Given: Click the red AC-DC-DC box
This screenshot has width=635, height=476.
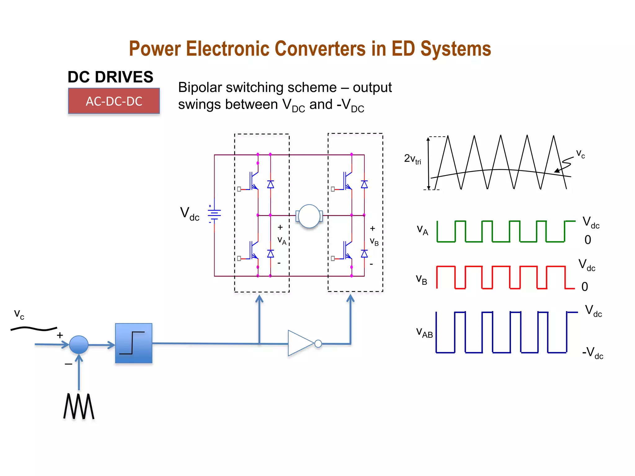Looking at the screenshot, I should pos(114,101).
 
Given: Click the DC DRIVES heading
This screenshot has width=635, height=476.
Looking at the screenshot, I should pos(110,77).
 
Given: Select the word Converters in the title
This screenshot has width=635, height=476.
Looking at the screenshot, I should pos(320,49).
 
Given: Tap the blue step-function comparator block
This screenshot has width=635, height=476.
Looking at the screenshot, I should pos(134,343).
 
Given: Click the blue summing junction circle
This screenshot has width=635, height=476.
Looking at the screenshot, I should pos(79,345).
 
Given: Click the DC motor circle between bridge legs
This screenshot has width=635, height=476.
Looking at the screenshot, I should pos(309,216).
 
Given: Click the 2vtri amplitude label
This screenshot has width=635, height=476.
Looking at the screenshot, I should pos(412,159).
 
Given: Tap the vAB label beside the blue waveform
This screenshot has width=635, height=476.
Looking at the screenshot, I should pos(424,332).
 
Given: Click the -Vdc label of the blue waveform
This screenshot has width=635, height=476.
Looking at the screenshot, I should pos(592,353).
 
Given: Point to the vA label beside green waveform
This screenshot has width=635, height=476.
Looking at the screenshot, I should pos(422,230).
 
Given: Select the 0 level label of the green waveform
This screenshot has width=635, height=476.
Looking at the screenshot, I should pos(588,240).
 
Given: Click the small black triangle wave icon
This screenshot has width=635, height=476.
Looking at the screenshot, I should pos(79,406).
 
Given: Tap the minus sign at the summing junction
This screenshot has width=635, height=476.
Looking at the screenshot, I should pos(68,364).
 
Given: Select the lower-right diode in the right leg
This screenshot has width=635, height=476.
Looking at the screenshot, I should pos(364,254).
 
